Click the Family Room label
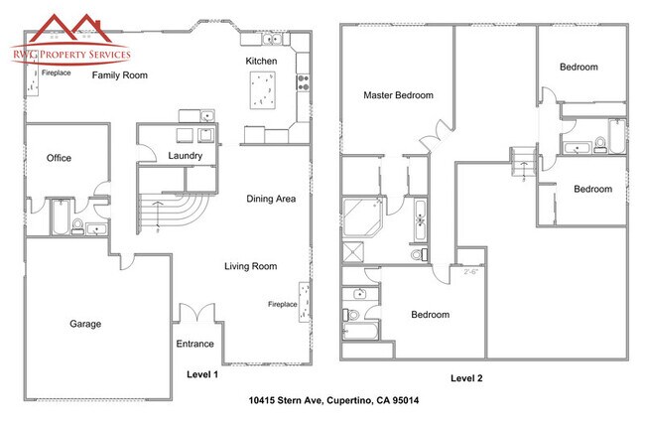pos(120,75)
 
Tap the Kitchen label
pos(261,62)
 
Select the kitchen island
pos(262,90)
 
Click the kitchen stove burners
pos(304,82)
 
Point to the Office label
pos(59,158)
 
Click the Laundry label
pos(186,156)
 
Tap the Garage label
pos(85,324)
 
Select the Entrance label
pos(194,344)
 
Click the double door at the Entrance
pos(197,313)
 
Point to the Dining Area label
pos(271,199)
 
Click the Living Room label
pos(250,266)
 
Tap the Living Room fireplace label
pos(283,304)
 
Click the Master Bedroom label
pos(398,95)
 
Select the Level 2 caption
pos(466,378)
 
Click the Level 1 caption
pos(202,374)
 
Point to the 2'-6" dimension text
pos(471,272)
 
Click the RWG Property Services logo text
pos(71,55)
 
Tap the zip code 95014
pos(406,400)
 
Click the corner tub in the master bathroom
pos(363,217)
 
